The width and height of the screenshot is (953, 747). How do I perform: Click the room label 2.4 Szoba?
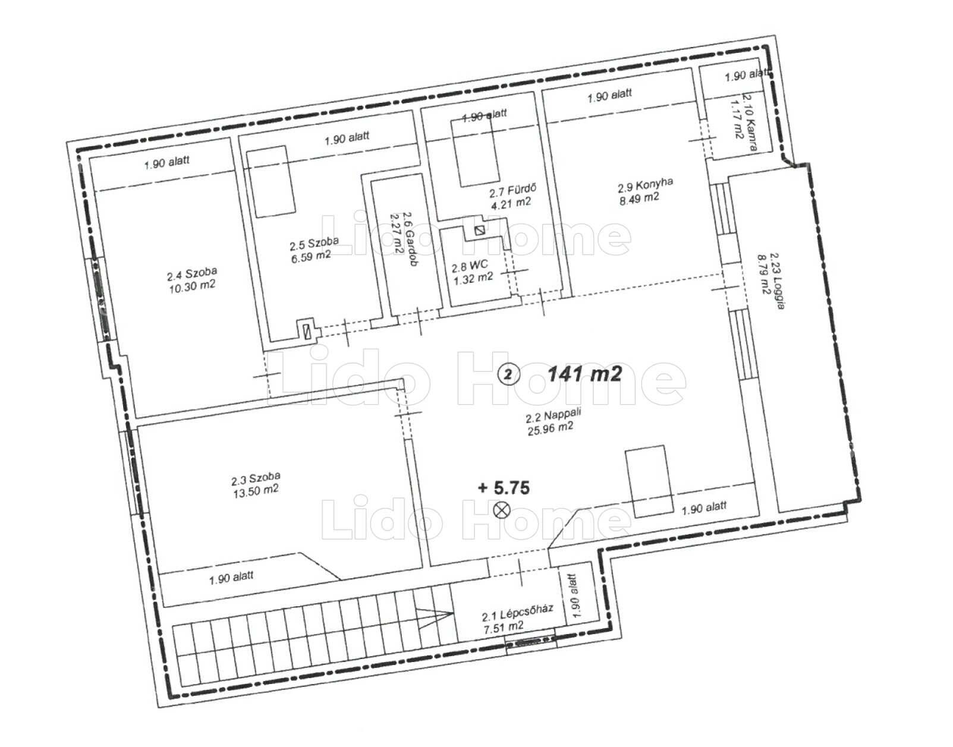pyautogui.click(x=191, y=274)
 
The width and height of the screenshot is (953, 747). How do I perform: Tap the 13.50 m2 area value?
pyautogui.click(x=256, y=490)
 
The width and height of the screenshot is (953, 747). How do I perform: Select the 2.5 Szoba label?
pyautogui.click(x=314, y=243)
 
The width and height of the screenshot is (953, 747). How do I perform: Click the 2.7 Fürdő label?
pyautogui.click(x=512, y=191)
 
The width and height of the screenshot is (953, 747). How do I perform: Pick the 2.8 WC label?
pyautogui.click(x=470, y=267)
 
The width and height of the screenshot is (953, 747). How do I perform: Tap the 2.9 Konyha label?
pyautogui.click(x=645, y=185)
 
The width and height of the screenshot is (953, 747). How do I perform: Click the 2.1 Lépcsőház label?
pyautogui.click(x=517, y=613)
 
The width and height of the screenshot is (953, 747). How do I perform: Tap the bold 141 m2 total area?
pyautogui.click(x=584, y=374)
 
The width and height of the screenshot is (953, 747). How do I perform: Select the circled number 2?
pyautogui.click(x=508, y=375)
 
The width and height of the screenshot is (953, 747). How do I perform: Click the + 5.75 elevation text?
pyautogui.click(x=504, y=487)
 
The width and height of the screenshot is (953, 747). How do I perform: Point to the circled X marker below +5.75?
pyautogui.click(x=502, y=509)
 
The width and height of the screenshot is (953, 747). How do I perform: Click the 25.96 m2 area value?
pyautogui.click(x=551, y=428)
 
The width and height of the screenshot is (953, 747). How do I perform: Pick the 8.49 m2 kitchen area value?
pyautogui.click(x=639, y=198)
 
